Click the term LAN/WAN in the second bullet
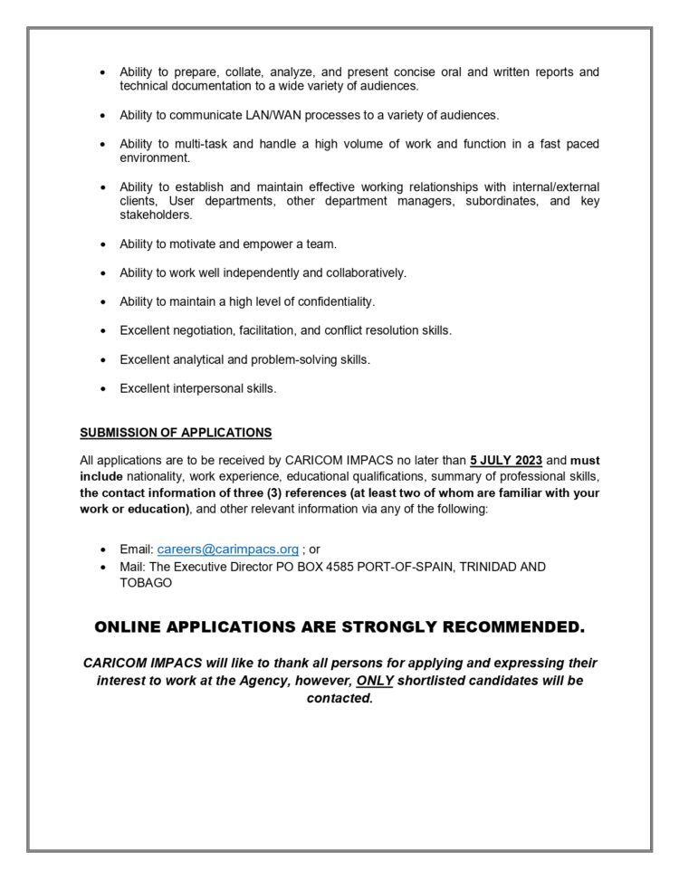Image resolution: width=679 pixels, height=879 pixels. point(261,115)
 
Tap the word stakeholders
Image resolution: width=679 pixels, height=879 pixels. point(156,215)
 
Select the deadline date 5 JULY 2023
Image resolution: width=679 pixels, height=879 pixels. point(506,461)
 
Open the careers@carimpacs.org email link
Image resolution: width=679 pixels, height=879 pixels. point(227,549)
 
